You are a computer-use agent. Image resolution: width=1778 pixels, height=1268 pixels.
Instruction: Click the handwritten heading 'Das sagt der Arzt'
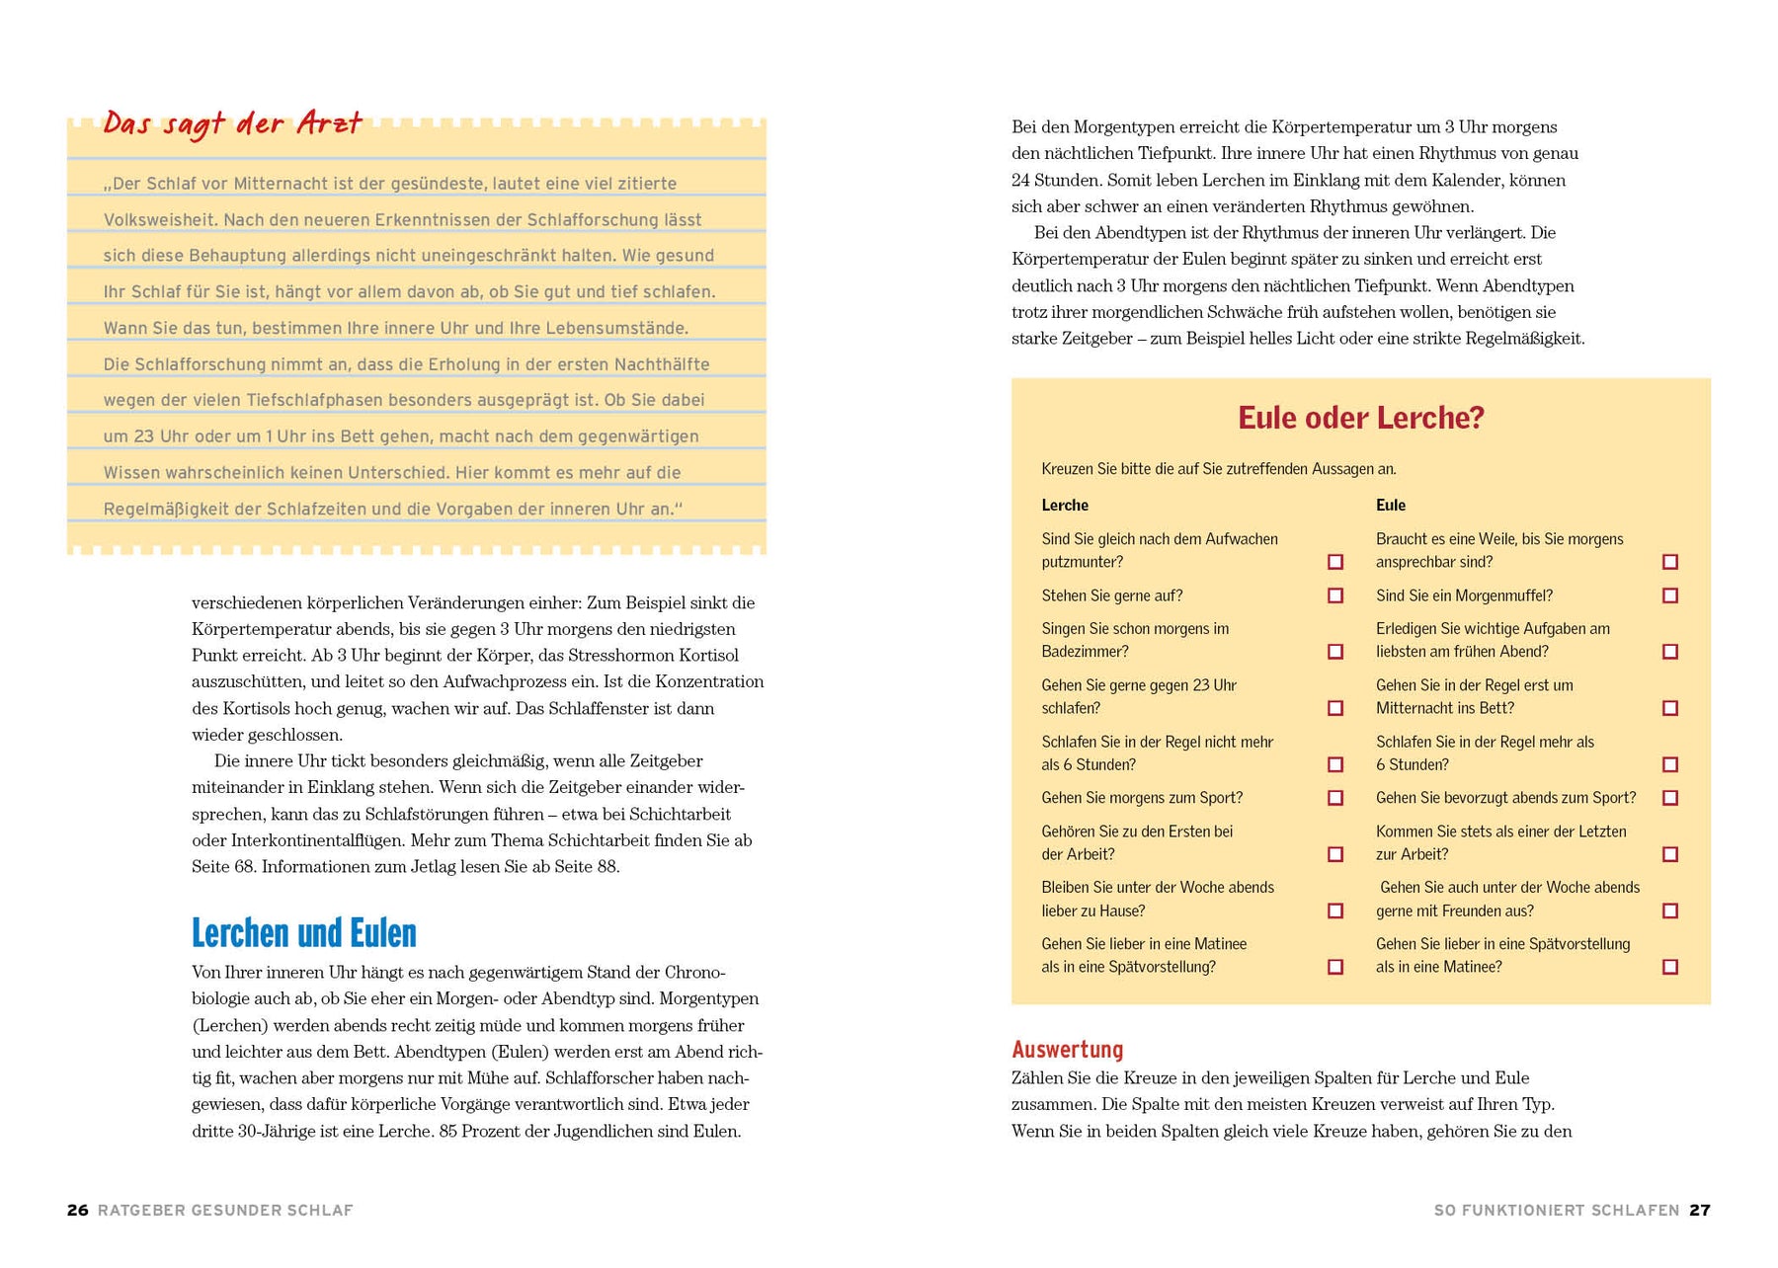coord(233,123)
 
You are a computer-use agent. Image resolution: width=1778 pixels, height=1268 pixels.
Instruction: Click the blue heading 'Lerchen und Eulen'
coord(303,933)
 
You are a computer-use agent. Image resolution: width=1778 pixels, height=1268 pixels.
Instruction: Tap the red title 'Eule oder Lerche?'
coord(1360,418)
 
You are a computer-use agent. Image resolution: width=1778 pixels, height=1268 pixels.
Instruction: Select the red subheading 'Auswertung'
coord(1067,1049)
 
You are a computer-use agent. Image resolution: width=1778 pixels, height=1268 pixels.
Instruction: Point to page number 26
coord(77,1210)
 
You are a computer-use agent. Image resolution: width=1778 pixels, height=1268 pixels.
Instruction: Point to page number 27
coord(1699,1210)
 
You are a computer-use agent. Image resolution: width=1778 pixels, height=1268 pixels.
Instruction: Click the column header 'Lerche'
coord(1064,505)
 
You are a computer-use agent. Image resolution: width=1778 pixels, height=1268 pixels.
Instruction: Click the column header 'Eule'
coord(1390,505)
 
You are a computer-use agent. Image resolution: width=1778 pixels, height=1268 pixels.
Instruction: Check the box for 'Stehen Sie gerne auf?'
coord(1335,595)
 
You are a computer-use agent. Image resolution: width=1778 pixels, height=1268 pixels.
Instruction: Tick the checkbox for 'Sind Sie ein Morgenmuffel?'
coord(1670,595)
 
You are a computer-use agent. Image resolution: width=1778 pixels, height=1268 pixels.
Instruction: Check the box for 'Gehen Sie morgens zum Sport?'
coord(1335,798)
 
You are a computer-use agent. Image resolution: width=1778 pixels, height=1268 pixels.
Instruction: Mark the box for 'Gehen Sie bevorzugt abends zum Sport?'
coord(1670,798)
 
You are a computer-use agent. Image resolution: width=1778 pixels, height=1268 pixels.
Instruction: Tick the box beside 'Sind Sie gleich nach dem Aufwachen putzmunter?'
coord(1335,562)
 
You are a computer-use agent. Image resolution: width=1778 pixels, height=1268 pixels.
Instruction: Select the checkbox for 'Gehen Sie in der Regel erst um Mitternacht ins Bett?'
coord(1670,708)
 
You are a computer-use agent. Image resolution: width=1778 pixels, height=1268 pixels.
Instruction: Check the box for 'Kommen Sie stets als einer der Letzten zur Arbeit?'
coord(1670,854)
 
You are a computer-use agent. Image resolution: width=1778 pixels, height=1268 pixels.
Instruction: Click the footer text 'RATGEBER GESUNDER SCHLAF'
coord(225,1210)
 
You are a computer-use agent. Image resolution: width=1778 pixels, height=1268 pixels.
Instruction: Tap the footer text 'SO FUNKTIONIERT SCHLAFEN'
coord(1556,1210)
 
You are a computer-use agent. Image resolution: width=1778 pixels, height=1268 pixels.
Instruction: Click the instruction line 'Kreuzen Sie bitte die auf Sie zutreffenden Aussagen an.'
coord(1218,469)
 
